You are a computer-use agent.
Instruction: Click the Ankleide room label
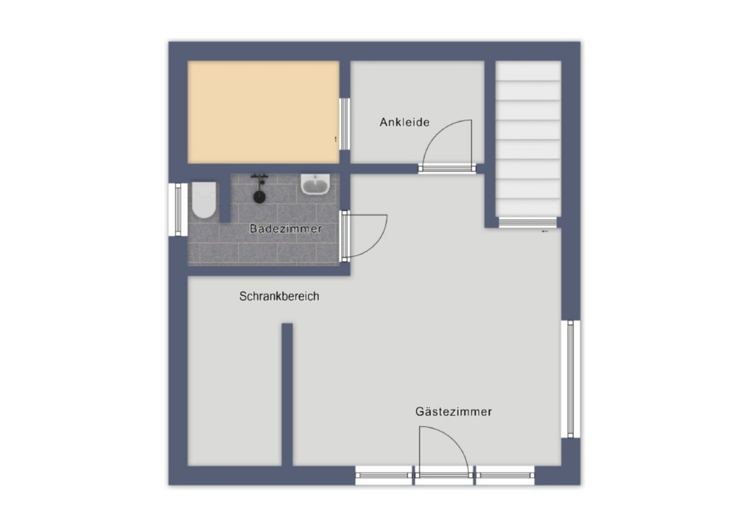click(x=404, y=122)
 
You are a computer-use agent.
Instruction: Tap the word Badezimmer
click(x=286, y=229)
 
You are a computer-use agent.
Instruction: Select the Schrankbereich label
click(x=279, y=296)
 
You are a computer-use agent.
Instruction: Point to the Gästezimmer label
click(x=453, y=411)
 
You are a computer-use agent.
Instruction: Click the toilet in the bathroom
click(x=204, y=200)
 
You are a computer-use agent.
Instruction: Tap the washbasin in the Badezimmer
click(x=315, y=184)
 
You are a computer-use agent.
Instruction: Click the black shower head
click(x=259, y=197)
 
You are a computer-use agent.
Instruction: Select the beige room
click(x=264, y=112)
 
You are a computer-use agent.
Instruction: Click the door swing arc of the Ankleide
click(x=437, y=131)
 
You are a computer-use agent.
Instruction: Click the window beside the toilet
click(x=178, y=209)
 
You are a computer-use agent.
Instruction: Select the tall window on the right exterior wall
click(x=570, y=379)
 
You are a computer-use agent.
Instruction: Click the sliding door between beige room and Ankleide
click(x=345, y=124)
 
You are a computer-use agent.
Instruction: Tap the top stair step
click(x=528, y=71)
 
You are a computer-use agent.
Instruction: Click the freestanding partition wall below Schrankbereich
click(x=287, y=395)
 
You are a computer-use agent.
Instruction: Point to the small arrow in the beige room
click(x=336, y=139)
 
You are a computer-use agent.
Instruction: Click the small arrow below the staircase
click(x=545, y=231)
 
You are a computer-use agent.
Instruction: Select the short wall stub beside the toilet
click(x=226, y=198)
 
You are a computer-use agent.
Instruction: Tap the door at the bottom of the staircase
click(x=527, y=222)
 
